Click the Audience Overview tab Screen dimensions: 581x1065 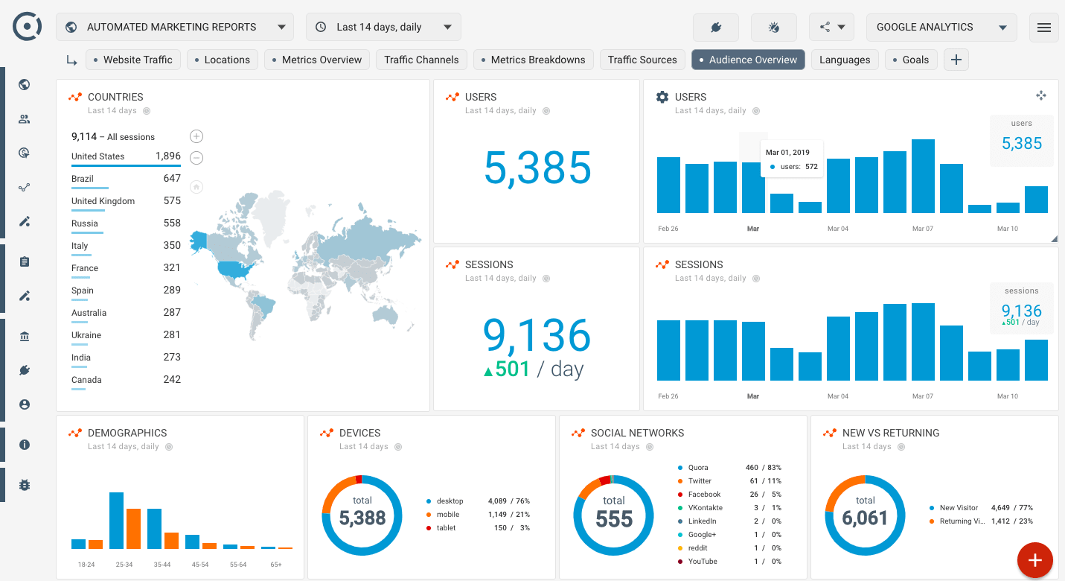(748, 60)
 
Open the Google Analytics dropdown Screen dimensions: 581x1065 (941, 27)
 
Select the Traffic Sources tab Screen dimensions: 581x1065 (642, 60)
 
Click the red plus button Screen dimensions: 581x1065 (1035, 559)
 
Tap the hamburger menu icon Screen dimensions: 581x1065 (1043, 28)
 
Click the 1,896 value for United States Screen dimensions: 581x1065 (167, 156)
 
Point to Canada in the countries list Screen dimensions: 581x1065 (86, 380)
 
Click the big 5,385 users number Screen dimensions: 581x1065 (537, 168)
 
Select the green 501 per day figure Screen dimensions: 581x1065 (506, 369)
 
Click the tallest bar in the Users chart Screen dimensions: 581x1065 (923, 177)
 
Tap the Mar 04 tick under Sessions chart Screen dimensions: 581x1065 (838, 396)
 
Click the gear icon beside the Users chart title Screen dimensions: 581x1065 (662, 97)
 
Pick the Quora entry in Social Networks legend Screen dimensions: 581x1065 (698, 468)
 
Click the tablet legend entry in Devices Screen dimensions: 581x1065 (446, 528)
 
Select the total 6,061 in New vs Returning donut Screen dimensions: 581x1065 (865, 518)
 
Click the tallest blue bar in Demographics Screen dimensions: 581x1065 (116, 520)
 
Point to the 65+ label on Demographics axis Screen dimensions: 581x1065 (276, 565)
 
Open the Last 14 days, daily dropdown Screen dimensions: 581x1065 (383, 27)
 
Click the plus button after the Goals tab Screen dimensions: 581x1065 (956, 60)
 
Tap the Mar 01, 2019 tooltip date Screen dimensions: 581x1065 (787, 152)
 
